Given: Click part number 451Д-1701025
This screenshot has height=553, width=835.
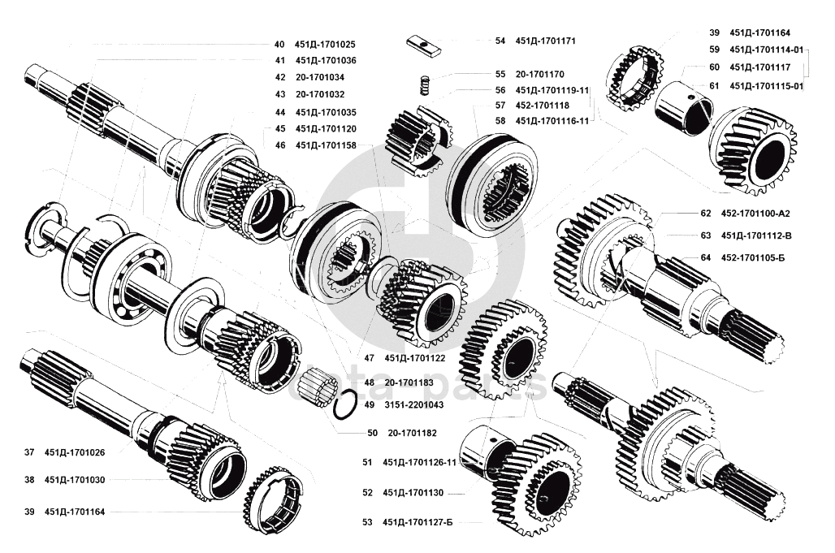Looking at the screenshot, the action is [326, 45].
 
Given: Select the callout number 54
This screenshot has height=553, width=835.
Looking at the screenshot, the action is [500, 41].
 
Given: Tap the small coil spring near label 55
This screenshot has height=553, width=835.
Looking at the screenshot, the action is [424, 84].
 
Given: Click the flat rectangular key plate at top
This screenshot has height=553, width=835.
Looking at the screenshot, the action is [425, 45].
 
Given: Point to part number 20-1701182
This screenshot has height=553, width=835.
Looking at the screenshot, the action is [412, 434].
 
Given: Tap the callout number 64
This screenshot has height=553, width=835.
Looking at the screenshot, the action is [706, 258].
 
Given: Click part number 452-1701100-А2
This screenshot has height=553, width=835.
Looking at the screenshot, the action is [755, 214].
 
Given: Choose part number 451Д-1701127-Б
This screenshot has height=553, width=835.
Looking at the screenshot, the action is [417, 522].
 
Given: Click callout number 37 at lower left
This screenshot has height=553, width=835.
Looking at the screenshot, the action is [29, 453].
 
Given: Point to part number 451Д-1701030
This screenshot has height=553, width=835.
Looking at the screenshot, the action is [75, 480].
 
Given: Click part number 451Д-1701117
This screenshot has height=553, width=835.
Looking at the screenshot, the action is [760, 67].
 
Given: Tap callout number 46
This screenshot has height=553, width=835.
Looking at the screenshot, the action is [280, 145].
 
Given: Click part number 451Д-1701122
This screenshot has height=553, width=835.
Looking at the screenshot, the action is [414, 359].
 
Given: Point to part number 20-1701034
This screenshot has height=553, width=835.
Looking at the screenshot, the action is [320, 78].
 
